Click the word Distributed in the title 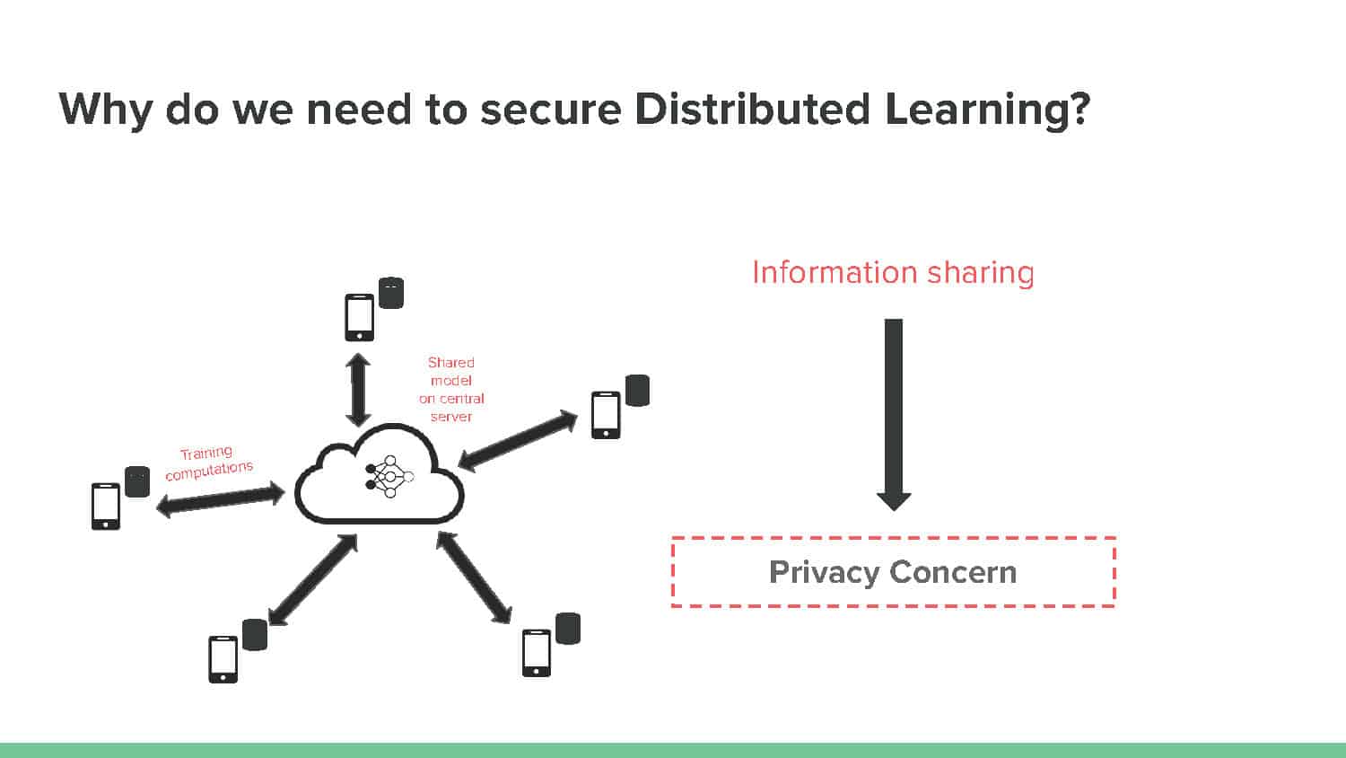pyautogui.click(x=752, y=110)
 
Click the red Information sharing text pyautogui.click(x=893, y=272)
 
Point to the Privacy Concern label pyautogui.click(x=893, y=572)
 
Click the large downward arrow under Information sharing pyautogui.click(x=894, y=415)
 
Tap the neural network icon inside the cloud pyautogui.click(x=389, y=477)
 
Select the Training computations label pyautogui.click(x=208, y=463)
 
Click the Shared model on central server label pyautogui.click(x=451, y=389)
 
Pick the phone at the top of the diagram pyautogui.click(x=359, y=317)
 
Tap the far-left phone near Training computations pyautogui.click(x=106, y=506)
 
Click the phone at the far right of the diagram pyautogui.click(x=606, y=415)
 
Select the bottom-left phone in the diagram pyautogui.click(x=223, y=659)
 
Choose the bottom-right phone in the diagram pyautogui.click(x=537, y=653)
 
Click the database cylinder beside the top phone pyautogui.click(x=391, y=293)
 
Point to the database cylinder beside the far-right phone pyautogui.click(x=637, y=391)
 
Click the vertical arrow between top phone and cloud pyautogui.click(x=358, y=390)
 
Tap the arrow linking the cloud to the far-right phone pyautogui.click(x=518, y=440)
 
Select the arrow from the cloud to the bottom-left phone pyautogui.click(x=313, y=580)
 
